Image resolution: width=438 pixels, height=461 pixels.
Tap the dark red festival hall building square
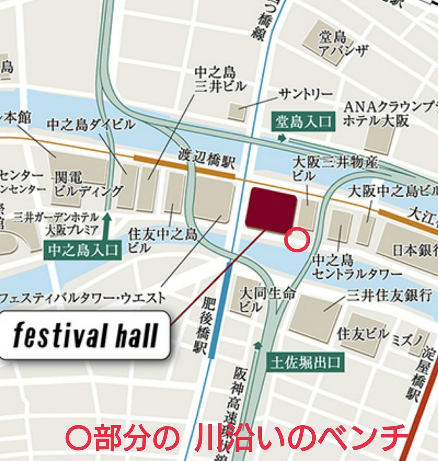coord(271,211)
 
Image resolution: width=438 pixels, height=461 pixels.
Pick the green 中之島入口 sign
coord(83,250)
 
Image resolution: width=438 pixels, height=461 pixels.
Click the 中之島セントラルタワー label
coord(357,267)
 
